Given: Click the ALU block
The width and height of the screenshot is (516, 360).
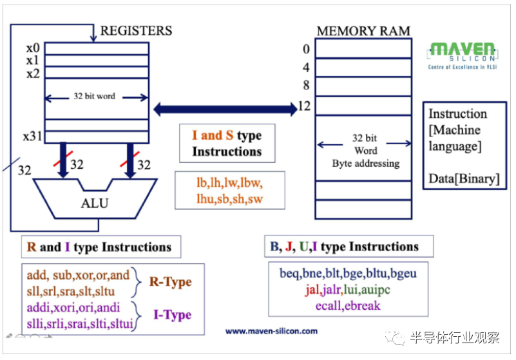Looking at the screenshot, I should tap(95, 203).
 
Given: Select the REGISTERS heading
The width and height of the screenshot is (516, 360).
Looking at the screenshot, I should tap(136, 30).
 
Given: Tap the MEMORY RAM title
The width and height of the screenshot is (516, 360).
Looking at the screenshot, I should tap(363, 31).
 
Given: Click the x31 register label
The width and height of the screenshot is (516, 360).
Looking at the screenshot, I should tap(32, 137).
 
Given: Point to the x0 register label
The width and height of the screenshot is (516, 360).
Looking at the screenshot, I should tap(33, 48).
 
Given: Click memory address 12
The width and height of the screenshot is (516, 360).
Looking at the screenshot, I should tap(304, 106).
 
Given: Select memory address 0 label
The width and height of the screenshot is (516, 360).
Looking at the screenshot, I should tap(306, 50).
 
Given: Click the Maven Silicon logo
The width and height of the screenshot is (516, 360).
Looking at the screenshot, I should tap(463, 55).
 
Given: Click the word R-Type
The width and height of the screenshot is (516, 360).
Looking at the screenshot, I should tap(170, 282).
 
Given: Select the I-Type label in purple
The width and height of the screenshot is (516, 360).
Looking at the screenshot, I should tap(172, 315).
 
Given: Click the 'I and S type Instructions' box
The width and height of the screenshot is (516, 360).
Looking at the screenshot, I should tap(227, 144).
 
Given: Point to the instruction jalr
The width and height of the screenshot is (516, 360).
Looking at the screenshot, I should tap(338, 289).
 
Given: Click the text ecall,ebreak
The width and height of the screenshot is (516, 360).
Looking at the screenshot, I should tap(347, 305).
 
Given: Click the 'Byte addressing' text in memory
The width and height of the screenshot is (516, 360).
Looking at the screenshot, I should tap(365, 163).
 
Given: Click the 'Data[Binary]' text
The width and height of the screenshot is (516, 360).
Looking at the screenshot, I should tap(464, 178).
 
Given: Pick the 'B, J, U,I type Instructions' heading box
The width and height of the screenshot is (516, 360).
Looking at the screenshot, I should tap(349, 247).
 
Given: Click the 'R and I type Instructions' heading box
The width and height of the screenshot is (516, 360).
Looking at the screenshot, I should tap(99, 247).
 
